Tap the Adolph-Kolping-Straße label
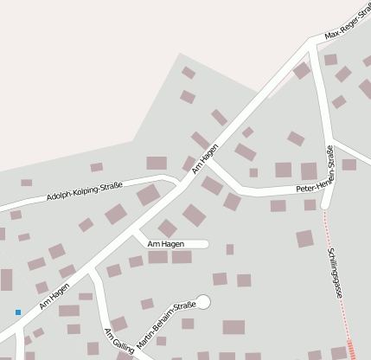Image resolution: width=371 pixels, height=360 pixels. coord(85,190)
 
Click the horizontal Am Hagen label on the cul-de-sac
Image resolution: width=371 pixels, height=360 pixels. coord(166,244)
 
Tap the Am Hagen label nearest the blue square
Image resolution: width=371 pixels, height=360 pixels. coord(54,296)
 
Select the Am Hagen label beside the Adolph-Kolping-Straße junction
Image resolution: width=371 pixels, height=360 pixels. coord(205,158)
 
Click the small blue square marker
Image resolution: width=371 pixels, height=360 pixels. coord(17,312)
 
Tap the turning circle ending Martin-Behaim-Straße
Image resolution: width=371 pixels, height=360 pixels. coord(203,301)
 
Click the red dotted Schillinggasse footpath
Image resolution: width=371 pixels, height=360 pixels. coord(340,294)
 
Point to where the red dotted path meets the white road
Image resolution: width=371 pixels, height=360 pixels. coord(325,208)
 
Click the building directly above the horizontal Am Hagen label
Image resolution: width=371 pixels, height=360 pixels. coord(167,228)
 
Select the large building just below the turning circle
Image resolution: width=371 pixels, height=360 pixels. coord(233,327)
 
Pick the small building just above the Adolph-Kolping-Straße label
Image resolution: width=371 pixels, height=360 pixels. coord(96,167)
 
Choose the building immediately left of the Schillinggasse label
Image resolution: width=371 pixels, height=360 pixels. coord(304,238)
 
